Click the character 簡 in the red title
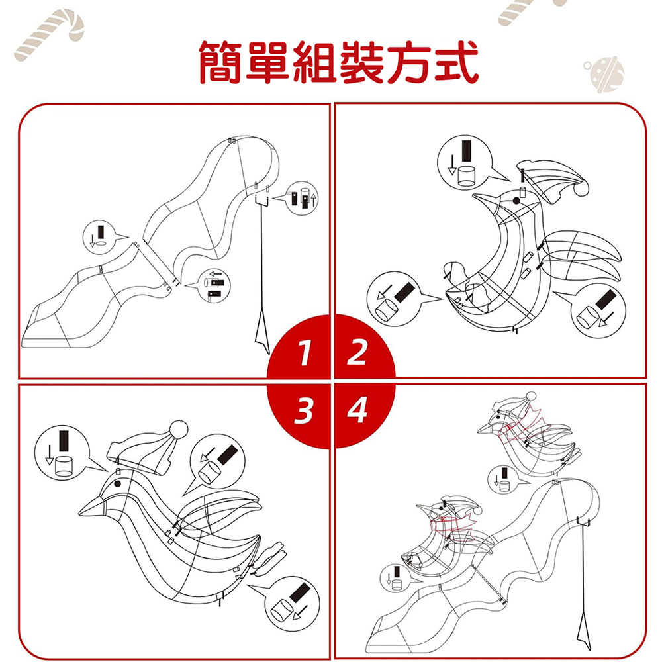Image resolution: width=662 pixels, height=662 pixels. pyautogui.click(x=221, y=62)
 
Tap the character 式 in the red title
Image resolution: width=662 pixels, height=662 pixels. pyautogui.click(x=457, y=62)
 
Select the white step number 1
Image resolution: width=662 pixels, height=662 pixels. pyautogui.click(x=305, y=353)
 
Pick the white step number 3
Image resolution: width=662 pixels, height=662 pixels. pyautogui.click(x=304, y=410)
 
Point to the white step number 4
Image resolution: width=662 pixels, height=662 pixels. pyautogui.click(x=357, y=410)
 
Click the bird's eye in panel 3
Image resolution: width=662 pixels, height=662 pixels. pyautogui.click(x=117, y=483)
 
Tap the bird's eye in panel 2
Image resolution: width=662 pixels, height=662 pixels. pyautogui.click(x=516, y=200)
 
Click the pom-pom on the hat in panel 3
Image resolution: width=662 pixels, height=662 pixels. pyautogui.click(x=179, y=429)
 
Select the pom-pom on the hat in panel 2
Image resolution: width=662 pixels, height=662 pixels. pyautogui.click(x=581, y=188)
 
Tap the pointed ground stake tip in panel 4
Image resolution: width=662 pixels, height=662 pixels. pyautogui.click(x=590, y=649)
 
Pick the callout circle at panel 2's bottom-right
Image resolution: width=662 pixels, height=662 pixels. pyautogui.click(x=598, y=310)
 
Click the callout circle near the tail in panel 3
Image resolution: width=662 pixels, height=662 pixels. pyautogui.click(x=292, y=604)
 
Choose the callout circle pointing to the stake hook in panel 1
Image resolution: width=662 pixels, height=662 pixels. pyautogui.click(x=301, y=199)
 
